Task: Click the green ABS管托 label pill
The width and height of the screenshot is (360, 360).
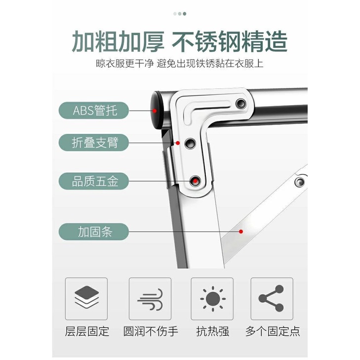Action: point(94,111)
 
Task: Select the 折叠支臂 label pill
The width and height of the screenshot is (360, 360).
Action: point(94,143)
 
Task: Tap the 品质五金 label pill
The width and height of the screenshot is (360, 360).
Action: point(94,181)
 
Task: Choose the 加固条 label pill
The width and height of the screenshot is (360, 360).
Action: point(94,232)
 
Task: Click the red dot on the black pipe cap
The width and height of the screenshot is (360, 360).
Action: point(155,111)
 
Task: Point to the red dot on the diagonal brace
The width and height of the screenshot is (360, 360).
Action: point(241,232)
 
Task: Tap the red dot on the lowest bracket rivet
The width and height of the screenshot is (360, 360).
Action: point(195,181)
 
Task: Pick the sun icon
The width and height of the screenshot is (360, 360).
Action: point(213,299)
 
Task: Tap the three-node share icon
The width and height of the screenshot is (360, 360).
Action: point(271,298)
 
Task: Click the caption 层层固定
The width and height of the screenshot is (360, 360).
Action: point(87,331)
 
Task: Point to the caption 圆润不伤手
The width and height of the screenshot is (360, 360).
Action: point(151,331)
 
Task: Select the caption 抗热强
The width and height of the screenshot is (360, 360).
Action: point(213,331)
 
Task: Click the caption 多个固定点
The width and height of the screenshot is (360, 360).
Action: point(273,331)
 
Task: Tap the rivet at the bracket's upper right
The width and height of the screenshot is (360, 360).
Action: point(241,103)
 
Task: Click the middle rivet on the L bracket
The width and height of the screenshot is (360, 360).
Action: point(190,143)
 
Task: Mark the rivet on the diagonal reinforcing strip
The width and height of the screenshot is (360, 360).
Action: point(300,182)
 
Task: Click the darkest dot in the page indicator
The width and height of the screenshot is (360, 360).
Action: point(184,14)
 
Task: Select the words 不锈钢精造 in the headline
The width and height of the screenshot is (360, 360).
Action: point(230,42)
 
